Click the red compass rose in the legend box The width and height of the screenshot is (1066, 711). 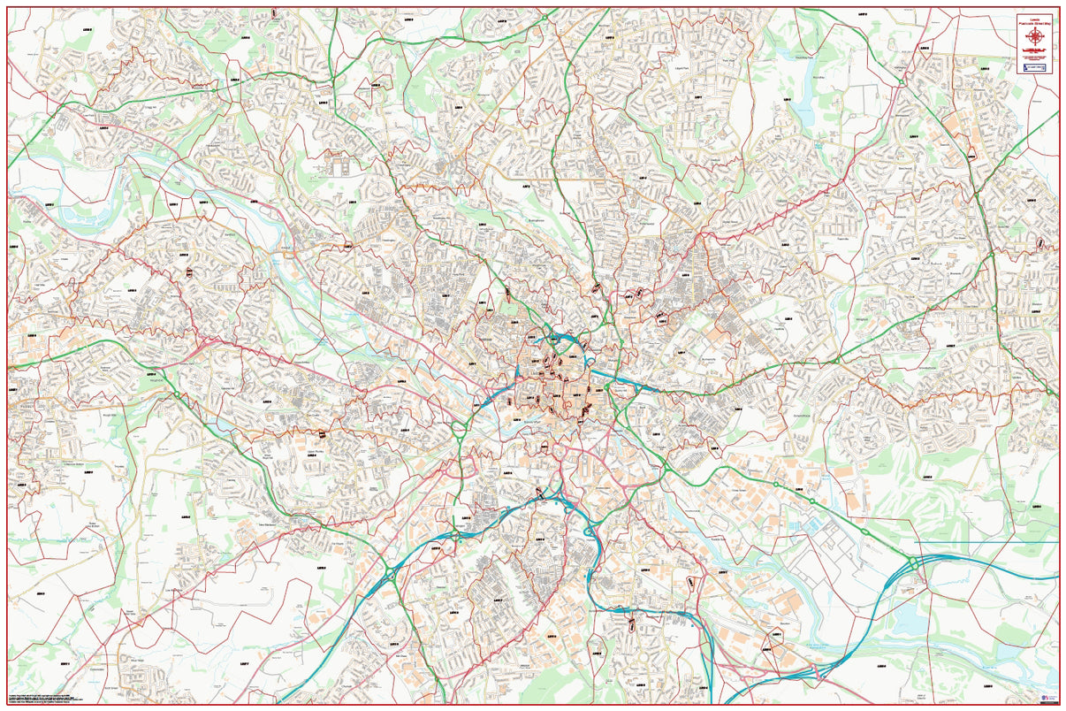1033,37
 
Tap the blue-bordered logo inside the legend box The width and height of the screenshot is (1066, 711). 1034,67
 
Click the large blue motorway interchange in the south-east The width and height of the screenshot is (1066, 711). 911,566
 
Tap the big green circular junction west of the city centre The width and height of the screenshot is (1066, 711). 459,431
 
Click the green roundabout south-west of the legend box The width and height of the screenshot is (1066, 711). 901,82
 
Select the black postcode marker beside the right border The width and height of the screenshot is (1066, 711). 1040,243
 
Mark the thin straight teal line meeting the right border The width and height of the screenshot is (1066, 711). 1017,541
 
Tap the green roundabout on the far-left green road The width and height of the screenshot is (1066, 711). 176,395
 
